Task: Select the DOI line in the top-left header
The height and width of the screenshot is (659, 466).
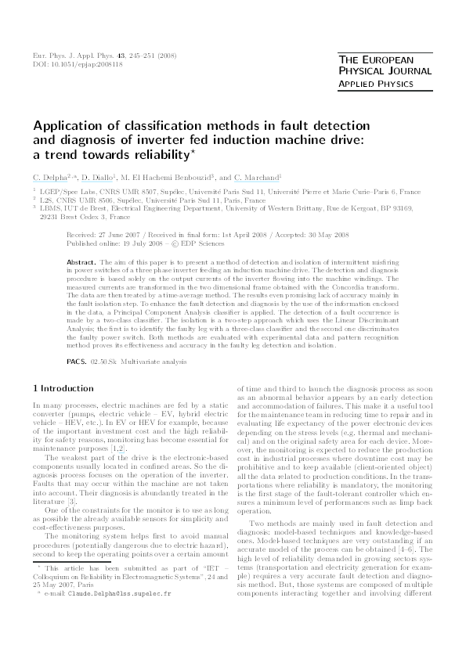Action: (x=70, y=65)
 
